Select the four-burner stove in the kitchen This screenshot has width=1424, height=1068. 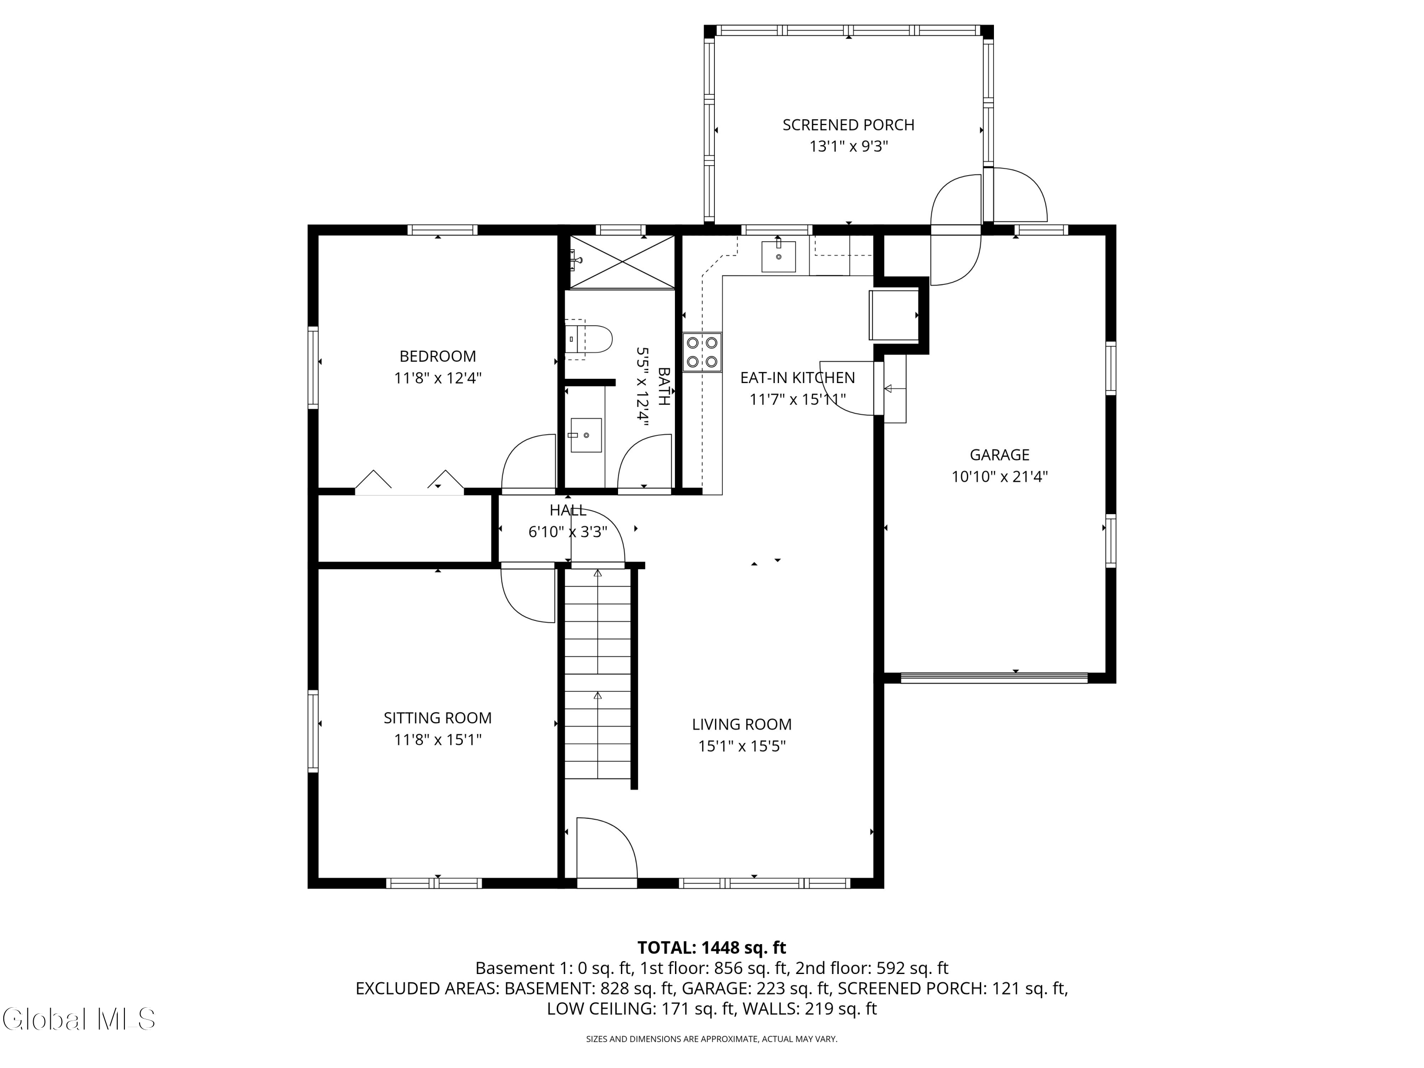click(x=703, y=352)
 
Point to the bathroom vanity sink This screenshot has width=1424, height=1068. click(x=586, y=435)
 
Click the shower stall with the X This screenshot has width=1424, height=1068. click(x=622, y=262)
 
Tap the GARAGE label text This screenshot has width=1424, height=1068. click(x=999, y=455)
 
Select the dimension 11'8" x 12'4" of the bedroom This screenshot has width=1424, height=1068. click(x=438, y=378)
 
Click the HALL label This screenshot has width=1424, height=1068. click(x=568, y=510)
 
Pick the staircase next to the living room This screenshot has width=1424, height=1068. click(x=598, y=674)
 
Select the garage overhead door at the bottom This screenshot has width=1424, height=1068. click(x=993, y=678)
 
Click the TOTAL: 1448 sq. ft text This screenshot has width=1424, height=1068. click(x=712, y=947)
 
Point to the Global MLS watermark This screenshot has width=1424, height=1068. click(x=78, y=1019)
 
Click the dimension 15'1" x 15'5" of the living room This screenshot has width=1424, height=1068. click(x=741, y=746)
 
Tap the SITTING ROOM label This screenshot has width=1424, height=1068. click(x=438, y=718)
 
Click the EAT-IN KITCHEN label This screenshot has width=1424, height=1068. click(x=797, y=378)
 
